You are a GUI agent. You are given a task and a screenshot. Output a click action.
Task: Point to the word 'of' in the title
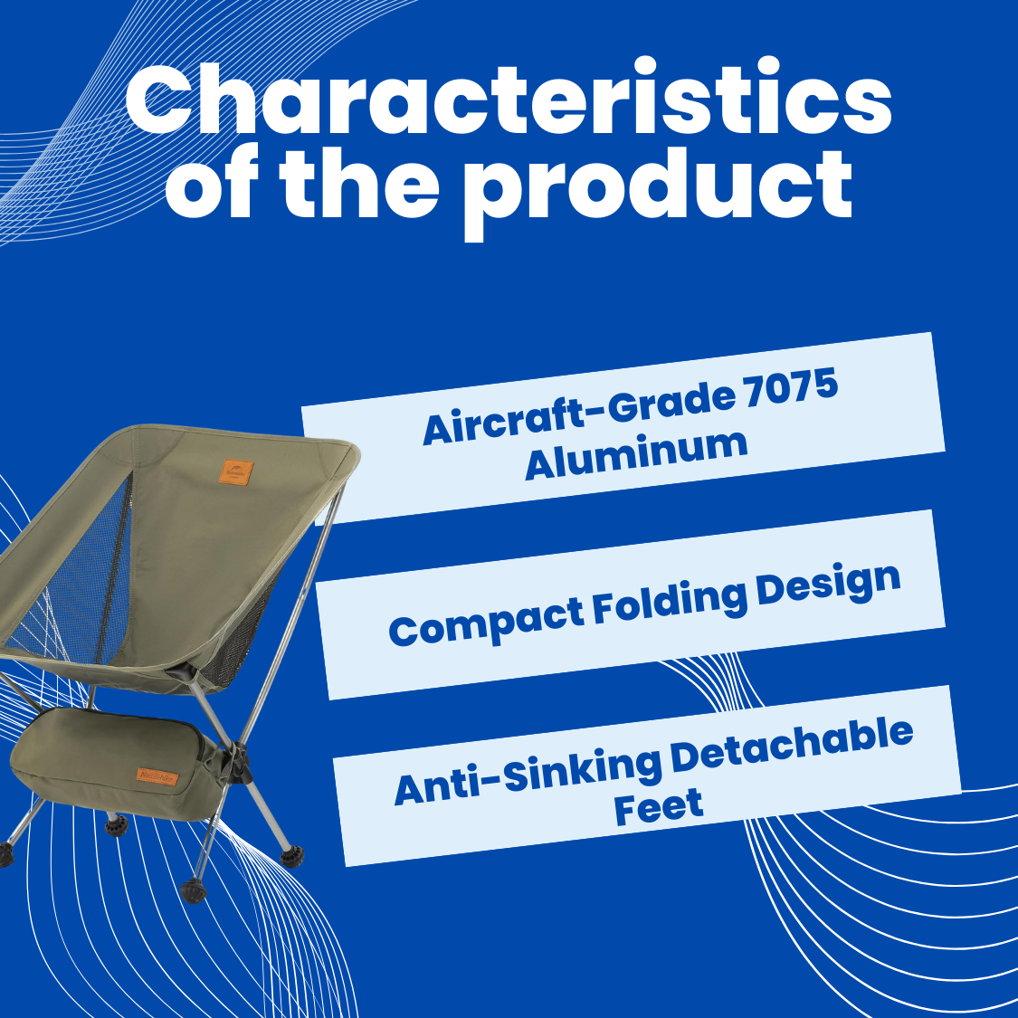[211, 183]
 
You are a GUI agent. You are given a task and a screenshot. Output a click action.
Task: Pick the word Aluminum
[636, 454]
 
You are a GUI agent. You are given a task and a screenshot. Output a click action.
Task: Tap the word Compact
[486, 623]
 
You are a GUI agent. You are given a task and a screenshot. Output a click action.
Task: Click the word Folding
[670, 602]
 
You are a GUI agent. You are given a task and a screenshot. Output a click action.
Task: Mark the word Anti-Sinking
[527, 777]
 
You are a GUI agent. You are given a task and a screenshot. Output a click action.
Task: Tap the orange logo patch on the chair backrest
[235, 472]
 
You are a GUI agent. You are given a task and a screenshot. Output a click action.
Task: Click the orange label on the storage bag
[157, 775]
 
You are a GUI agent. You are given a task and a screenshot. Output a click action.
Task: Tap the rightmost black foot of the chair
[292, 856]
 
